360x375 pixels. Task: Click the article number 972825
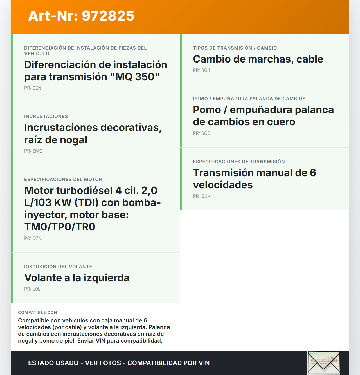coord(108,16)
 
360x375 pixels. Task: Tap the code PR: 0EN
coord(33,88)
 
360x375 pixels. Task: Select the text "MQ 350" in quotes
coord(138,77)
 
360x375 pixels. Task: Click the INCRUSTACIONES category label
coord(46,116)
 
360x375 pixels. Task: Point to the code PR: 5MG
coord(33,151)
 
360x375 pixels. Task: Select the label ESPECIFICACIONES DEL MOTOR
coord(63,179)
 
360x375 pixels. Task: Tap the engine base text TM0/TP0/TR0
coord(60,227)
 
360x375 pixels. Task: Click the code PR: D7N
coord(33,238)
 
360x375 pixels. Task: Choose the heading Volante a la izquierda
coord(77,278)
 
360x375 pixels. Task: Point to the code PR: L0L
coord(32,289)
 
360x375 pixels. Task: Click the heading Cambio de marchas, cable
coord(258,59)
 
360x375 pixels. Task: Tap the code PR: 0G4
coord(202,70)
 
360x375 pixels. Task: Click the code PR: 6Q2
coord(202,133)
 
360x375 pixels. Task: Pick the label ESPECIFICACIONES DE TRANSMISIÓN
coord(239,162)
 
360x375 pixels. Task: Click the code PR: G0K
coord(202,196)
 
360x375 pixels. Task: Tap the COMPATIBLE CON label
coord(37,312)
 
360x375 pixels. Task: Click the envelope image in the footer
coord(324,363)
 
